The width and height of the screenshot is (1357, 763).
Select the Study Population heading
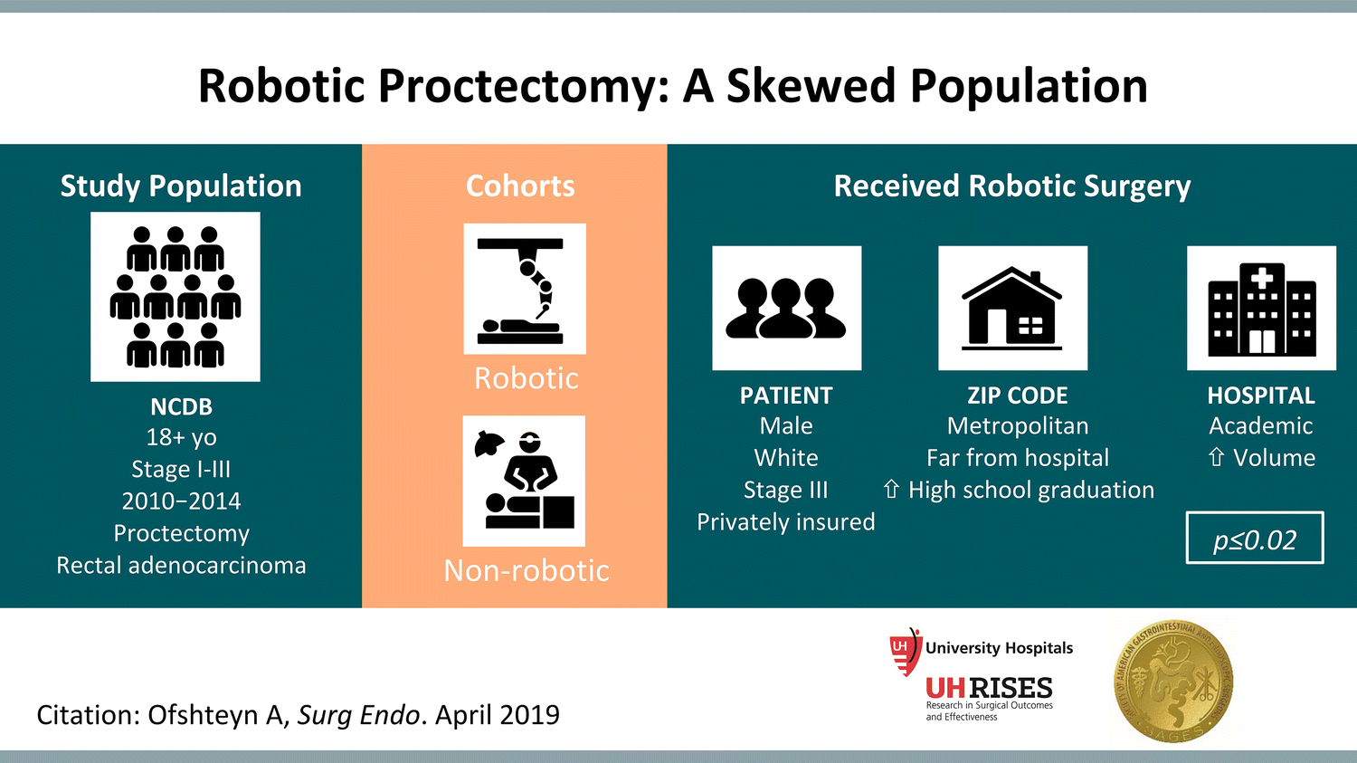(x=181, y=186)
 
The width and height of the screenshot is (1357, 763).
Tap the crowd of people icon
(x=176, y=297)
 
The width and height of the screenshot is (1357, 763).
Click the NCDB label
(x=181, y=406)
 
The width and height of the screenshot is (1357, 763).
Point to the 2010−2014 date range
(x=181, y=501)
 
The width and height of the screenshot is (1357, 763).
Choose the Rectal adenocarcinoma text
(x=181, y=566)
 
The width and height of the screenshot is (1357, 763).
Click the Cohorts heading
(x=520, y=186)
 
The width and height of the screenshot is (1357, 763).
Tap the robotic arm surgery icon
(x=525, y=289)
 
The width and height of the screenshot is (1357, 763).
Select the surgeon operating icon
(x=524, y=481)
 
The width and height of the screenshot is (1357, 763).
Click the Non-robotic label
(x=527, y=570)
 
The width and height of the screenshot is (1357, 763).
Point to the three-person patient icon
(x=786, y=308)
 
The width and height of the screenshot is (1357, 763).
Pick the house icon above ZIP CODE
(x=1012, y=308)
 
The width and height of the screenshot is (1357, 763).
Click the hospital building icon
(x=1261, y=308)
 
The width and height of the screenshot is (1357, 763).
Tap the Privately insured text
(x=785, y=522)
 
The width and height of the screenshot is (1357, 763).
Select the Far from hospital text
(x=1017, y=458)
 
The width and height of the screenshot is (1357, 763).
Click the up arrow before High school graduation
(x=891, y=490)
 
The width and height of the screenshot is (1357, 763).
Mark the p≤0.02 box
(x=1255, y=539)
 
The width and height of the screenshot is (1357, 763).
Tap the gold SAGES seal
(x=1173, y=682)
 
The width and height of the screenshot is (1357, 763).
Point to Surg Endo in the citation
(x=359, y=715)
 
